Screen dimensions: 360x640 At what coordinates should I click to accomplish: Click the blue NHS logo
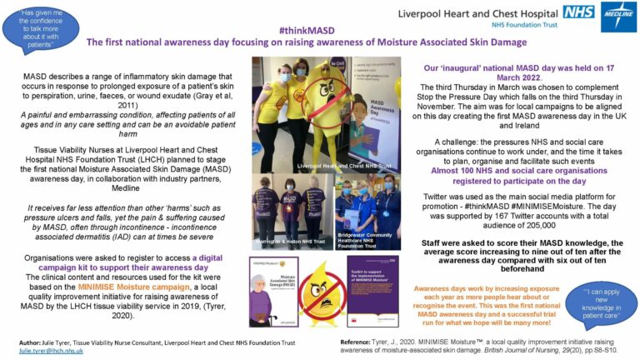point(578,12)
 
